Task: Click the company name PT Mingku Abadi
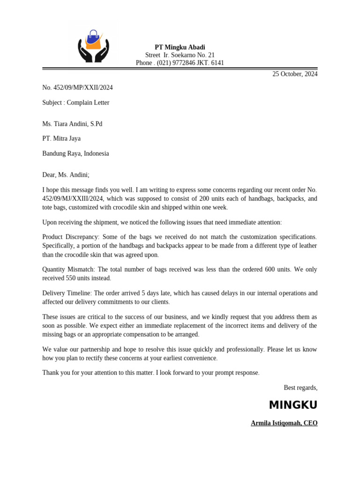pos(180,47)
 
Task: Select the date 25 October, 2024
pos(295,74)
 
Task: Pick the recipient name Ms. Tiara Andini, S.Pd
pos(72,124)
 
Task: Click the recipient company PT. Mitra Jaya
pos(61,139)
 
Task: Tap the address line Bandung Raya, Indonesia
pos(75,153)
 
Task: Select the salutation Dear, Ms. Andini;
pos(66,175)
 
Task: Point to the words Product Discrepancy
pos(70,237)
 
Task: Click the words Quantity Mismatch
pos(68,270)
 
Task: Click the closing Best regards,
pos(300,388)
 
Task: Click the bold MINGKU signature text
pos(293,405)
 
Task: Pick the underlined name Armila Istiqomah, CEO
pos(284,423)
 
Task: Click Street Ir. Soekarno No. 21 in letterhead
pos(180,55)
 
